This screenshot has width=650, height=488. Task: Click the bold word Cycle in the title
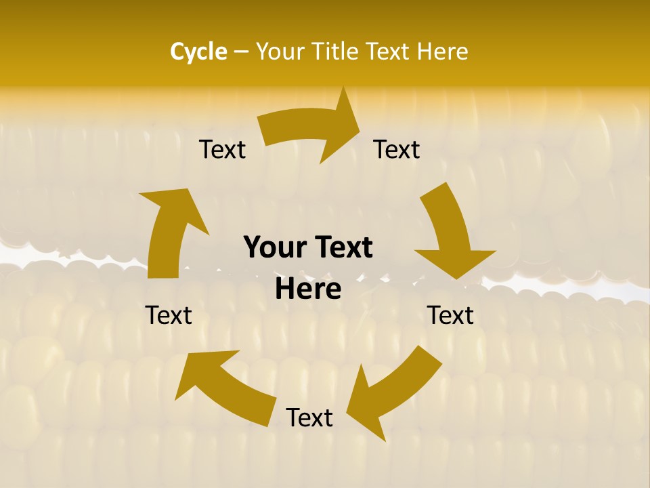(198, 52)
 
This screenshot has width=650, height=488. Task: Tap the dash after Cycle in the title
(241, 52)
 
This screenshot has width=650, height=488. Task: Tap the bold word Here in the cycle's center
(308, 289)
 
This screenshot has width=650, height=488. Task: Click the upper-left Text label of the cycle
(222, 149)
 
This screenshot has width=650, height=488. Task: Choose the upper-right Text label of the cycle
(397, 149)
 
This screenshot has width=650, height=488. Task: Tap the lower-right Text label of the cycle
(450, 315)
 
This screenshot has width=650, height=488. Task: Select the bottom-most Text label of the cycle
(309, 418)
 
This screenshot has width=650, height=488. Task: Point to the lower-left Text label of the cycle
(169, 315)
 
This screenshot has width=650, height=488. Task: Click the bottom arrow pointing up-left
(223, 386)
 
